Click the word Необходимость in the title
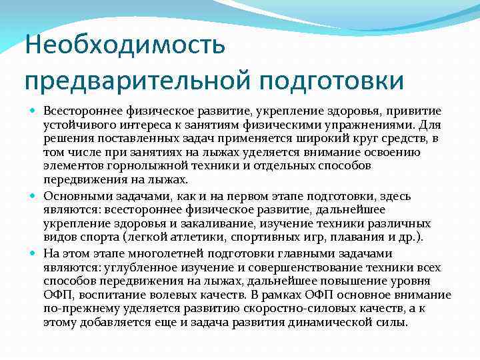[125, 47]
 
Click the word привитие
[419, 110]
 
